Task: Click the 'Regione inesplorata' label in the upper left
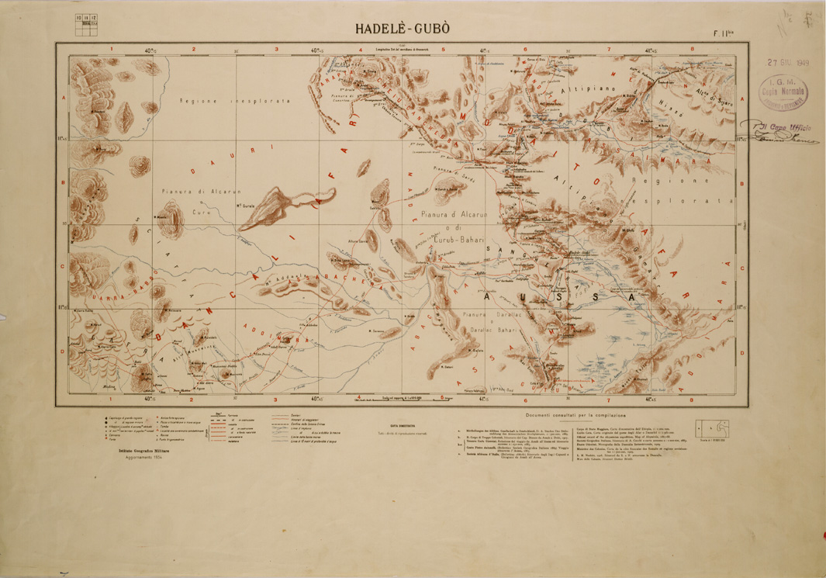click(x=233, y=102)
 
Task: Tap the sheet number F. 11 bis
click(x=724, y=33)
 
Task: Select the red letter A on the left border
click(x=62, y=99)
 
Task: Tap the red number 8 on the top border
click(x=689, y=49)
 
